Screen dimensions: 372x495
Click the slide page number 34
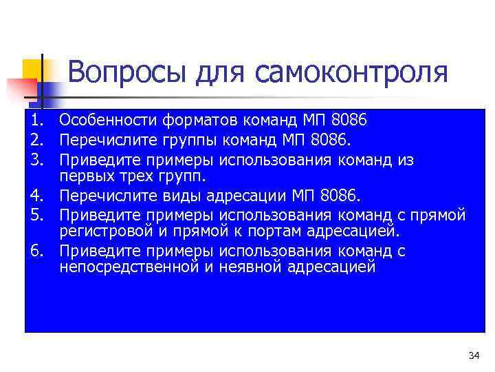point(473,355)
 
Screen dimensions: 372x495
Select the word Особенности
point(109,121)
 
